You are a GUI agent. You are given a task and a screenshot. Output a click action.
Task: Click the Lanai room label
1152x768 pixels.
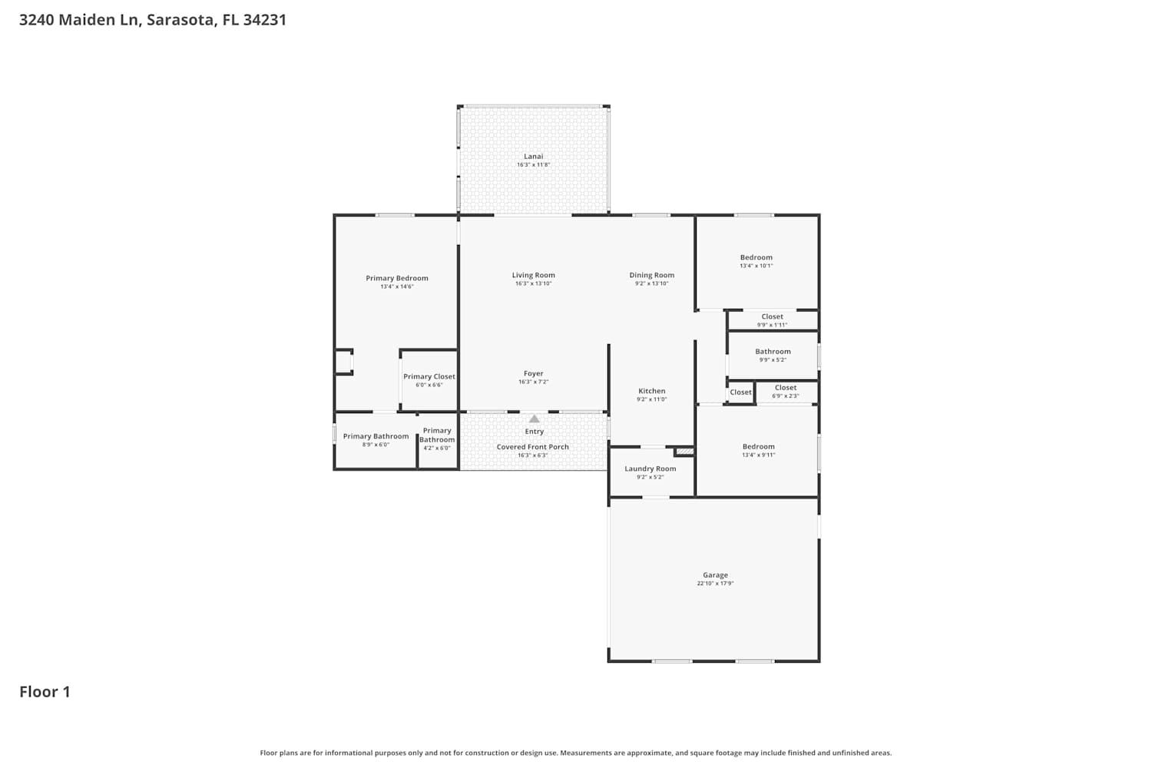pyautogui.click(x=533, y=157)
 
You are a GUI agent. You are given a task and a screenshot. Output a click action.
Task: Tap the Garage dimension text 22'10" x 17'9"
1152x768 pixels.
pyautogui.click(x=715, y=584)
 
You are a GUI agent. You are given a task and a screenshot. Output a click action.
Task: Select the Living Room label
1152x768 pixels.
pyautogui.click(x=533, y=275)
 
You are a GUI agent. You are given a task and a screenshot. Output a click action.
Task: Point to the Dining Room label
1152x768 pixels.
pyautogui.click(x=651, y=275)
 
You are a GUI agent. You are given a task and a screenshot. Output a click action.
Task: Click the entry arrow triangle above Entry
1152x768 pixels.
pyautogui.click(x=535, y=419)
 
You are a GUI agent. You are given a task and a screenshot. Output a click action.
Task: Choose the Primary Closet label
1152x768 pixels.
pyautogui.click(x=429, y=376)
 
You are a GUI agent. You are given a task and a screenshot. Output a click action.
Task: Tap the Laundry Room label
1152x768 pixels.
pyautogui.click(x=650, y=468)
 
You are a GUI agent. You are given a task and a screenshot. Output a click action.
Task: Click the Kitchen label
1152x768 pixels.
pyautogui.click(x=651, y=391)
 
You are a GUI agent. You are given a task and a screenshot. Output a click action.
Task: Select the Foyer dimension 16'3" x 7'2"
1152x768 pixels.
pyautogui.click(x=533, y=382)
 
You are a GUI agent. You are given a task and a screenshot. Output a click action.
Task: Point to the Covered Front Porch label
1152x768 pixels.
pyautogui.click(x=533, y=447)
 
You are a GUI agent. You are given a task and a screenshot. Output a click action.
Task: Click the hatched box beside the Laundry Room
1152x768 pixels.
pyautogui.click(x=684, y=452)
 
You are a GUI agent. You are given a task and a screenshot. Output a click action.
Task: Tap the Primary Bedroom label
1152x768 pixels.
pyautogui.click(x=397, y=278)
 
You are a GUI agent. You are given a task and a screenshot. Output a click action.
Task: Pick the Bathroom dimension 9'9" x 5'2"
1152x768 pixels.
pyautogui.click(x=773, y=360)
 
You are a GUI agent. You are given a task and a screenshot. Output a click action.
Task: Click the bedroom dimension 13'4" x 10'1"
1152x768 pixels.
pyautogui.click(x=756, y=266)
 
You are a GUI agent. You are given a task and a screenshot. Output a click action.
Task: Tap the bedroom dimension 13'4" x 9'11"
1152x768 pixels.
pyautogui.click(x=759, y=455)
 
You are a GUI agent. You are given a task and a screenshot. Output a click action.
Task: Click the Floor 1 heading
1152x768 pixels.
pyautogui.click(x=45, y=692)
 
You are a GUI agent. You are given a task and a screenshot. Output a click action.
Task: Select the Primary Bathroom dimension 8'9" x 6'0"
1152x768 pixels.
pyautogui.click(x=376, y=445)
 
